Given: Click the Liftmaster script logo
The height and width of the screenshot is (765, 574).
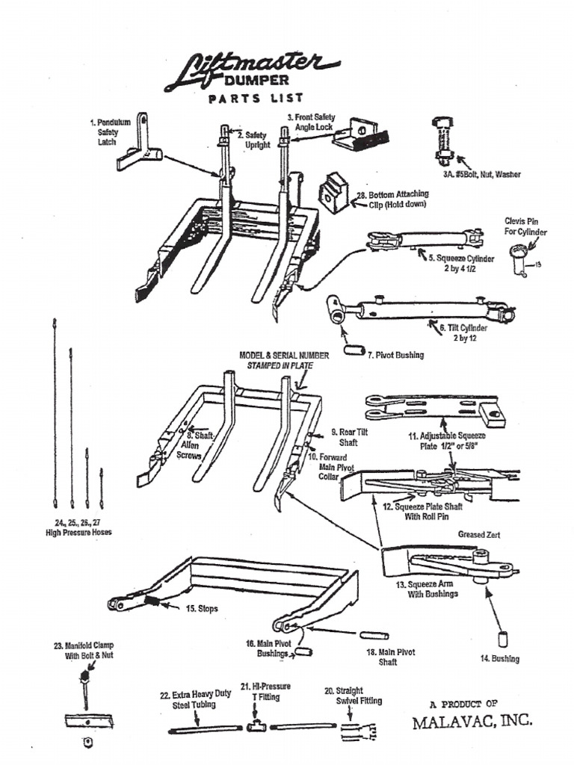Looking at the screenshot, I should point(250,69).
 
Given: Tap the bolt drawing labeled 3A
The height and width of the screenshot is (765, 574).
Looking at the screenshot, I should point(443,141).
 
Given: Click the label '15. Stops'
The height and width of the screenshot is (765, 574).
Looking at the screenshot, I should point(202,609).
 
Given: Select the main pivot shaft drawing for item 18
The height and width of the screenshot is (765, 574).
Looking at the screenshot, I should point(370,635).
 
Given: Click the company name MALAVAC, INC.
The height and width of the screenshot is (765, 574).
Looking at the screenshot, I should point(472,722).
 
